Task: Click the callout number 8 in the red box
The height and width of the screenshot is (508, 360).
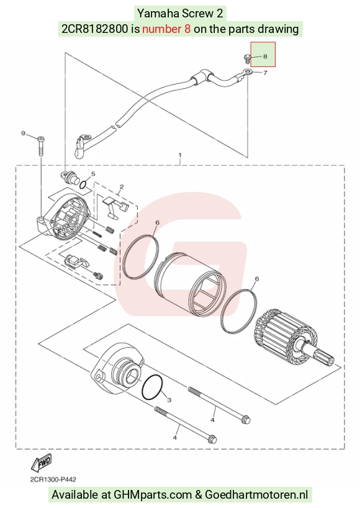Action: point(265,57)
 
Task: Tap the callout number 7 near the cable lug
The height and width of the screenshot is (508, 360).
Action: point(265,73)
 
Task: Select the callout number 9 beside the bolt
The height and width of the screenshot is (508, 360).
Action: point(23,133)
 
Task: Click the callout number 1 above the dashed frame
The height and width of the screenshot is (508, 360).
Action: point(180,155)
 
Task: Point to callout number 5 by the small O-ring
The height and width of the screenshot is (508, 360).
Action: point(93,174)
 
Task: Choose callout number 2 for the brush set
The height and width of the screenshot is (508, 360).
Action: point(122,186)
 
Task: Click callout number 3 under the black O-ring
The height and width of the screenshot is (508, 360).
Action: point(169,400)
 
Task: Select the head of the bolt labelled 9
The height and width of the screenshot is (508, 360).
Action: point(41,139)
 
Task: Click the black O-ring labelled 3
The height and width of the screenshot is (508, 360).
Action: point(152,388)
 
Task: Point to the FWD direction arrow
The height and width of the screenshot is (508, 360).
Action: point(41,463)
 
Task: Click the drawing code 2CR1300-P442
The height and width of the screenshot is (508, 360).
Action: point(53,479)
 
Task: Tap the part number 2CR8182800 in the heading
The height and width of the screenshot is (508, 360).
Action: point(95,29)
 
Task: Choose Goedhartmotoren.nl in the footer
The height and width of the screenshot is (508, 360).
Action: point(256,495)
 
